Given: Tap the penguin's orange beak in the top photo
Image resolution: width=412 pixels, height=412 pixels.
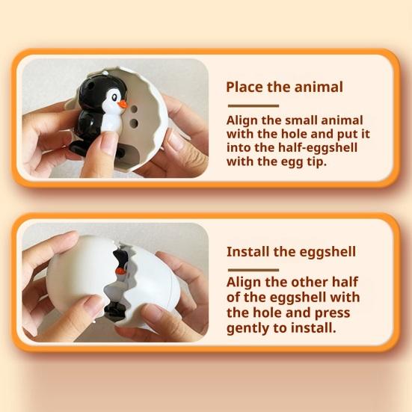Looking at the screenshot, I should (x=123, y=104).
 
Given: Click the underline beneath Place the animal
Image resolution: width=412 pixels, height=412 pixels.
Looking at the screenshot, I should (x=252, y=103).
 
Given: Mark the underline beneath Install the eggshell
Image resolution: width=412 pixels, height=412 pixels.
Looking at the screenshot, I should (x=252, y=268).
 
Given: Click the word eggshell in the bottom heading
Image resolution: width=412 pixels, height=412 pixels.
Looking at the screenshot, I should (x=322, y=251).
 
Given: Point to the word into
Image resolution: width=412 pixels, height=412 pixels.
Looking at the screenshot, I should (x=242, y=149).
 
